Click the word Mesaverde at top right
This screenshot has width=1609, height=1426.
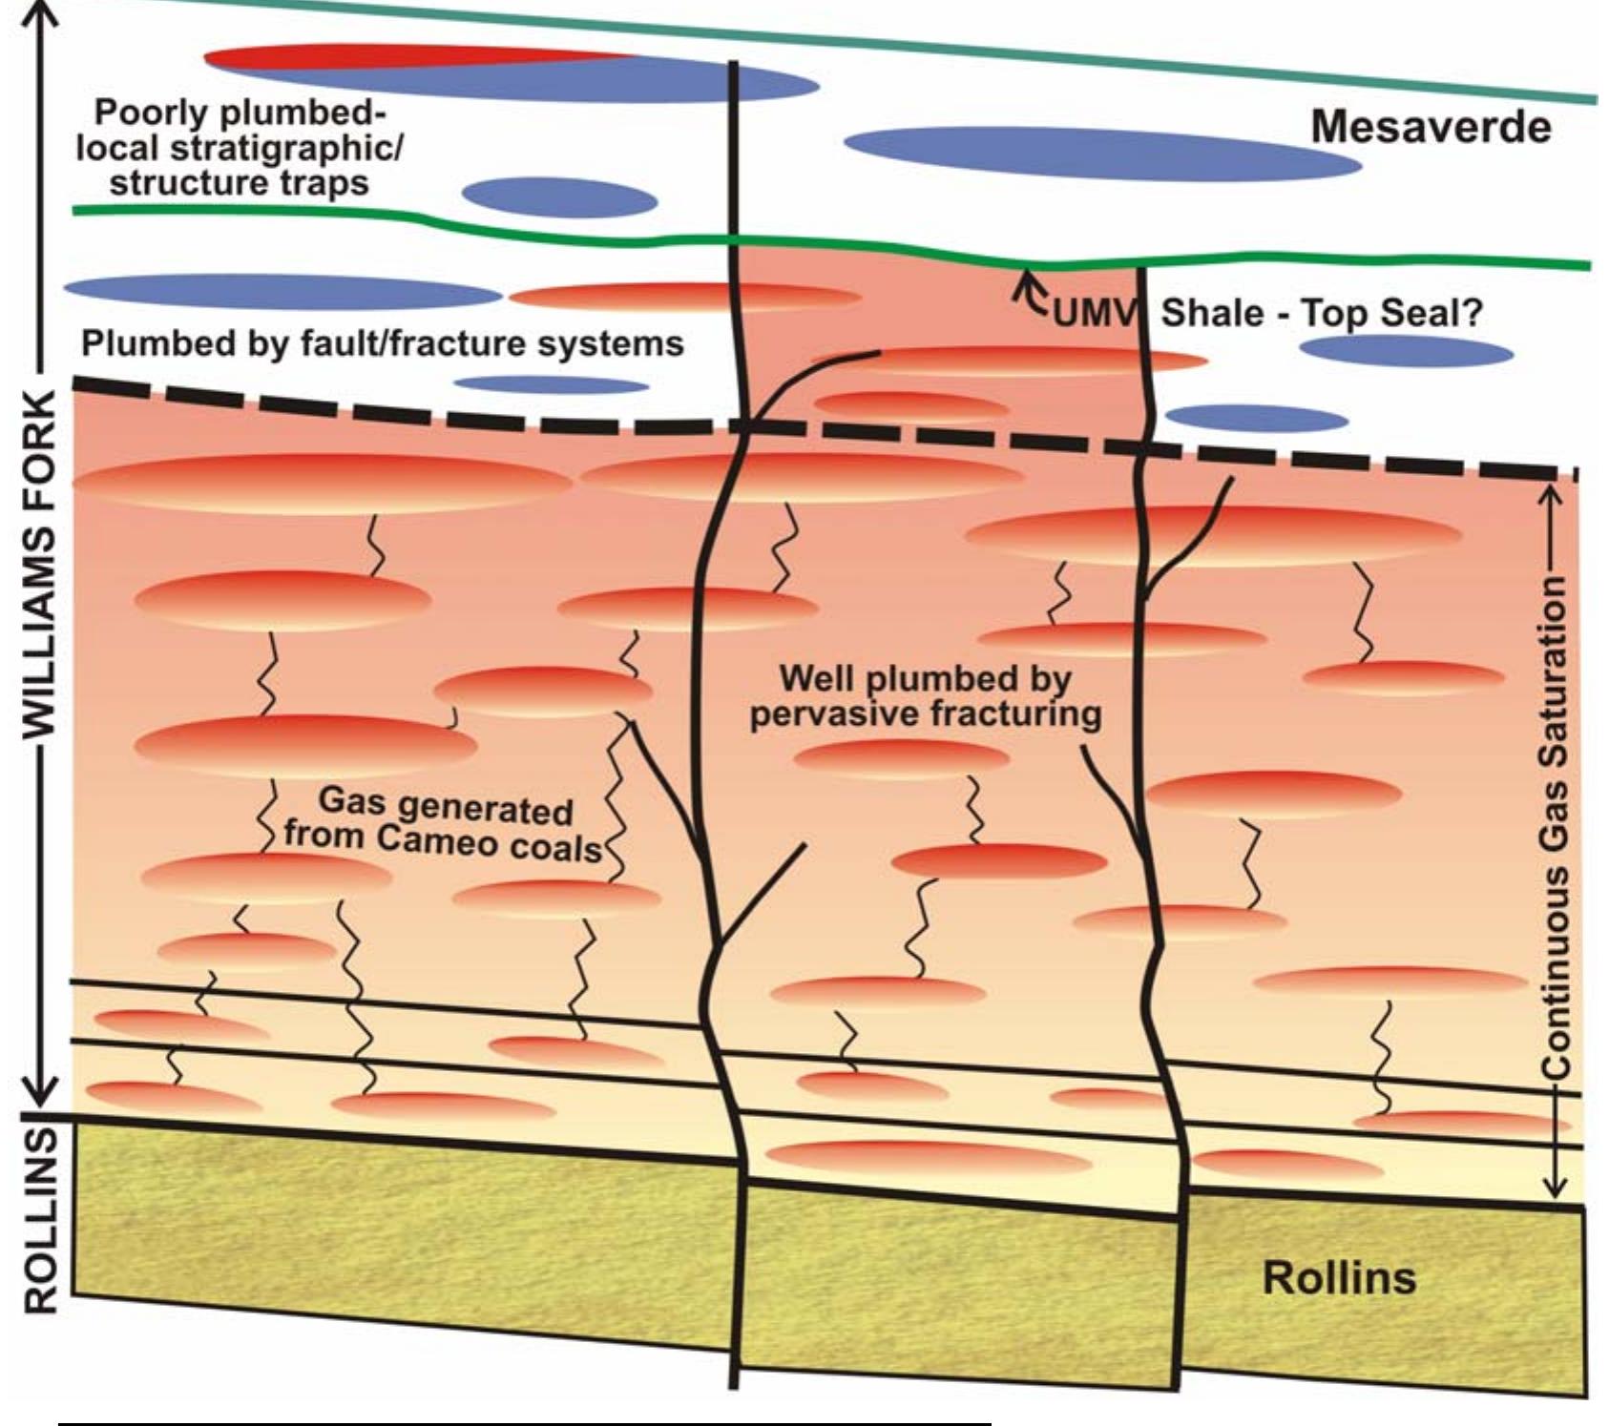pyautogui.click(x=1431, y=127)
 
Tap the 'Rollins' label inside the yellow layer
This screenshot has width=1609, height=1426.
pyautogui.click(x=1338, y=1278)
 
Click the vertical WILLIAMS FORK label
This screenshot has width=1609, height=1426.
pyautogui.click(x=40, y=563)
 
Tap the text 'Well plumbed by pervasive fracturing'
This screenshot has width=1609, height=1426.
pyautogui.click(x=925, y=696)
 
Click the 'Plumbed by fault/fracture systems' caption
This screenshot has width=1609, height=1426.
pyautogui.click(x=382, y=343)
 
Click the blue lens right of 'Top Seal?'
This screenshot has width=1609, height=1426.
pyautogui.click(x=1406, y=352)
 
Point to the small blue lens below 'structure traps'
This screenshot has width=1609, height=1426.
pyautogui.click(x=559, y=197)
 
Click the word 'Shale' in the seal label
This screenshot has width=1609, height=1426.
pyautogui.click(x=1205, y=313)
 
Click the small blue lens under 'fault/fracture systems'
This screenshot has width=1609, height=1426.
pyautogui.click(x=551, y=385)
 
